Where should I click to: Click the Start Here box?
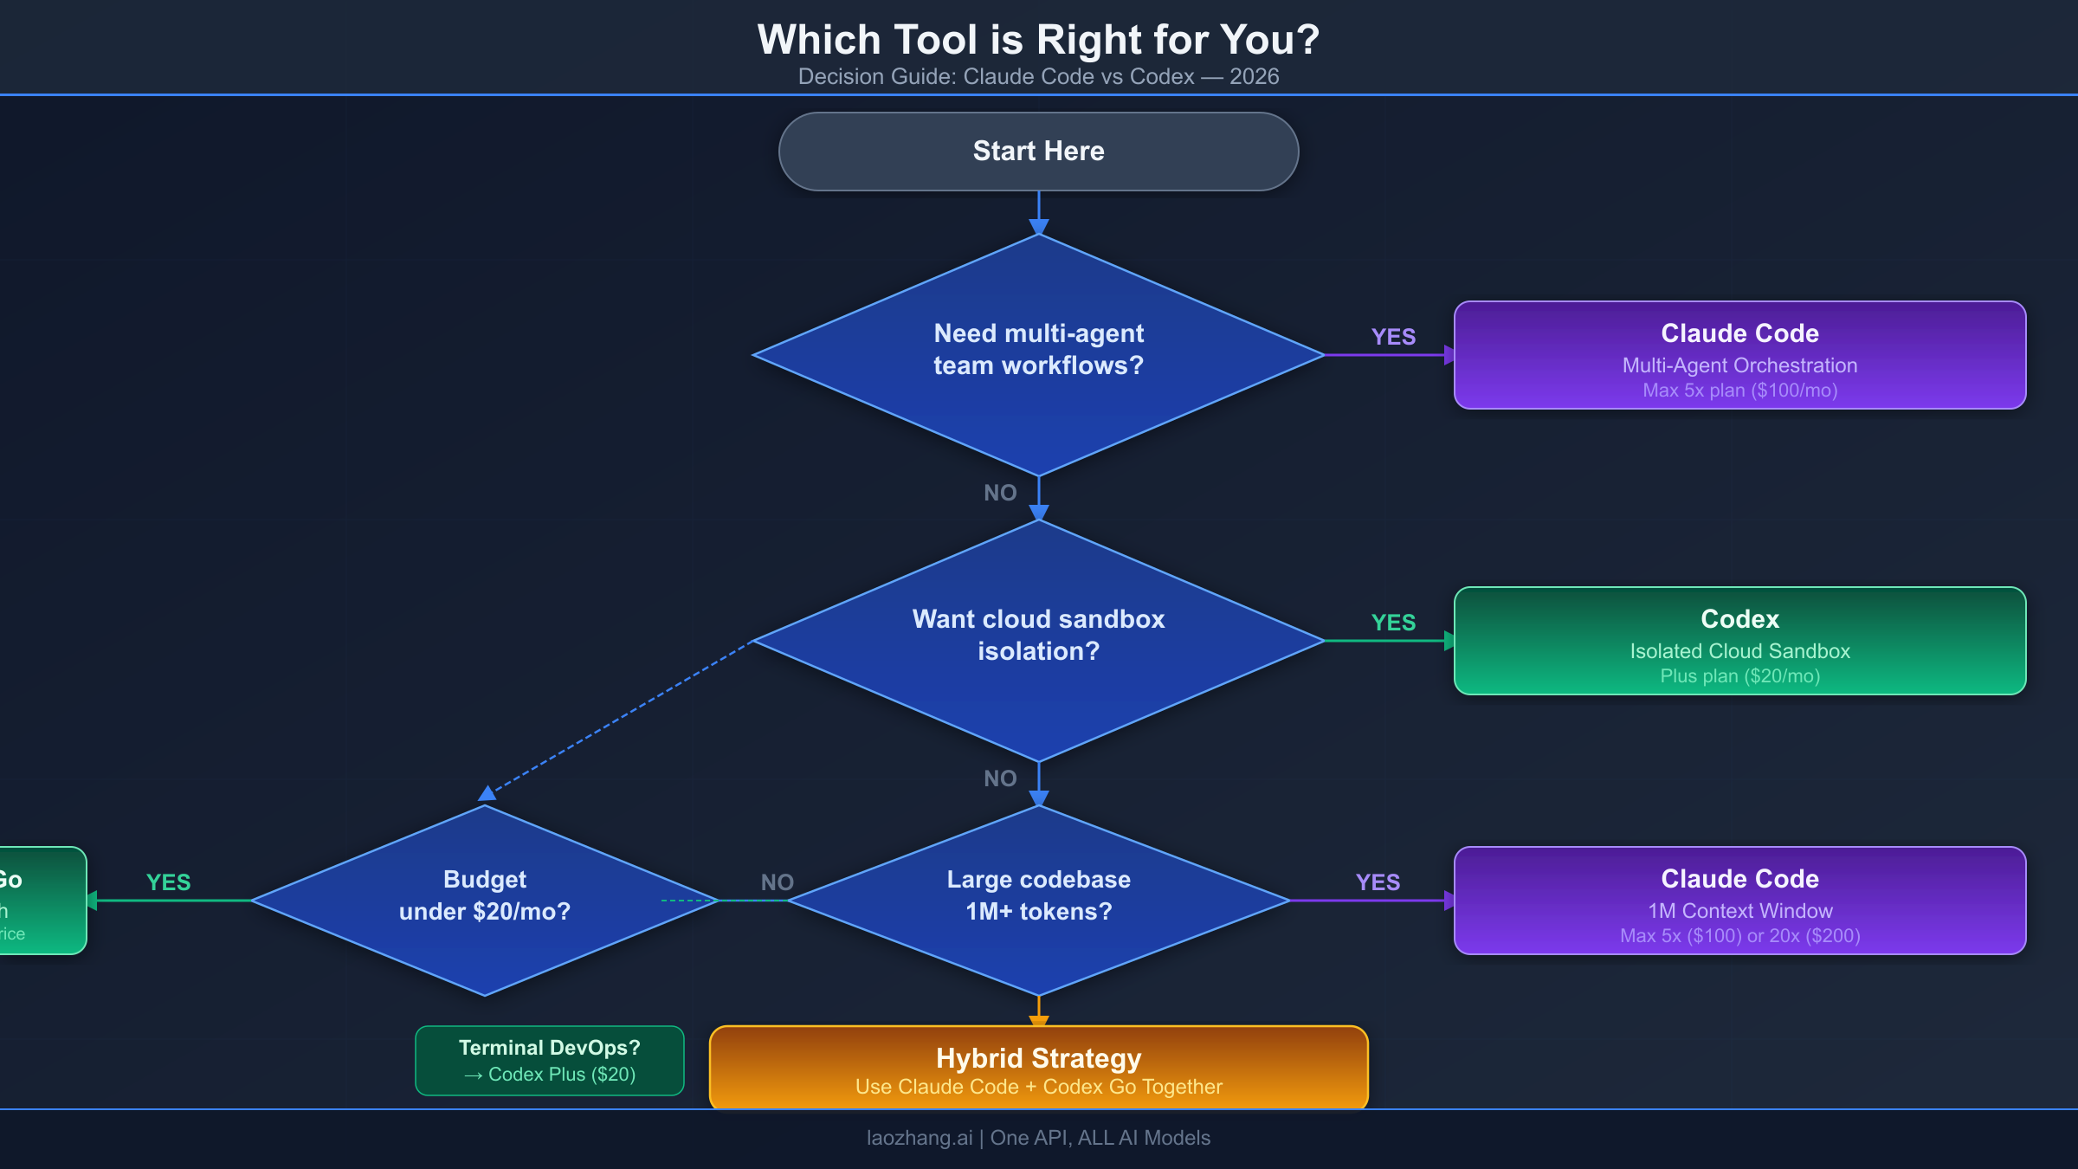click(1038, 152)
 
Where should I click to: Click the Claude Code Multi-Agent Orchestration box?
click(1739, 355)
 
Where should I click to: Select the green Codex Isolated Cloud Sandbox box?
click(1739, 641)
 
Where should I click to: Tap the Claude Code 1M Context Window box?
click(1739, 901)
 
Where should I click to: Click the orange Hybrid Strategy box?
click(1038, 1068)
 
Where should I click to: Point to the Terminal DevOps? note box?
click(550, 1061)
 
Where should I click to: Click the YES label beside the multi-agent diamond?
click(1393, 337)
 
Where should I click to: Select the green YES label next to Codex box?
click(1393, 623)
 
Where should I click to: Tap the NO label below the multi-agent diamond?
click(1000, 493)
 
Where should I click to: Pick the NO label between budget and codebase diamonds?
click(777, 882)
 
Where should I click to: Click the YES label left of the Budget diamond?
click(169, 882)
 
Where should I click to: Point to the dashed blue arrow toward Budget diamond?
click(619, 717)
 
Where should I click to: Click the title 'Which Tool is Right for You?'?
click(1038, 40)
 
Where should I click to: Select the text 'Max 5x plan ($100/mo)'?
click(1739, 391)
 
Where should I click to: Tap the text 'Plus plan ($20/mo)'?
click(1739, 676)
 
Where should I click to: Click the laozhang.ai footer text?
click(1038, 1138)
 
